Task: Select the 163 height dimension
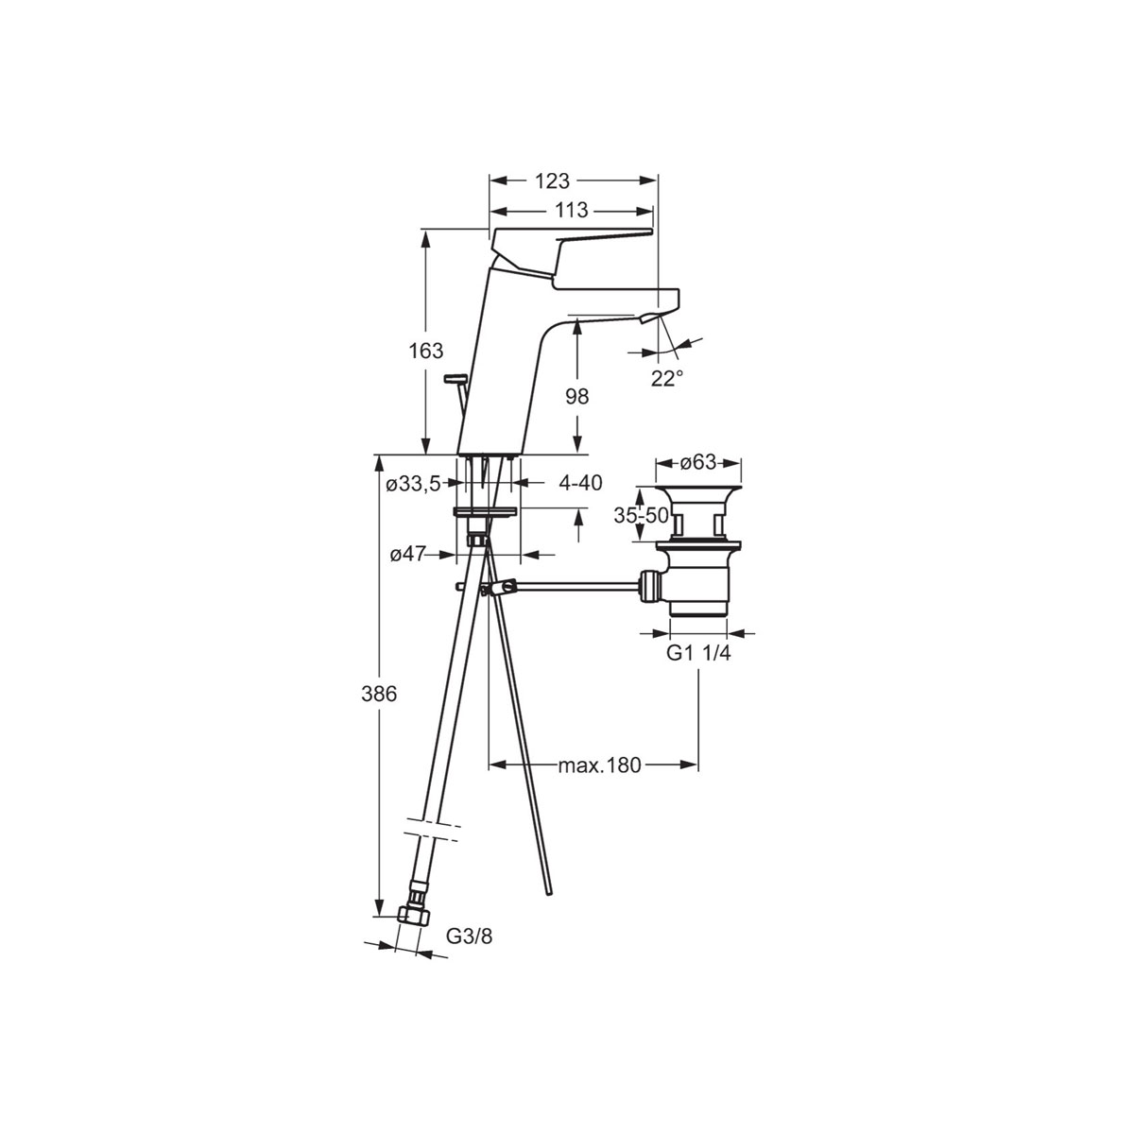click(x=425, y=352)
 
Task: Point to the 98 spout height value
click(x=576, y=397)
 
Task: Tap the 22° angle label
click(x=666, y=378)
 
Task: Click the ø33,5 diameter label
click(x=413, y=484)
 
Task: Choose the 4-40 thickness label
click(x=580, y=483)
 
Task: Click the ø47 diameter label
click(x=408, y=556)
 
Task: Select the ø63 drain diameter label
click(x=698, y=463)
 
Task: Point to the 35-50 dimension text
click(x=641, y=516)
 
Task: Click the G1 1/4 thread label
click(x=699, y=654)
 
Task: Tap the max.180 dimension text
click(x=599, y=765)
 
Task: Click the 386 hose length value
click(x=378, y=695)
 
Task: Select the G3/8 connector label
click(x=469, y=936)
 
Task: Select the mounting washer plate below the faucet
click(x=485, y=511)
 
